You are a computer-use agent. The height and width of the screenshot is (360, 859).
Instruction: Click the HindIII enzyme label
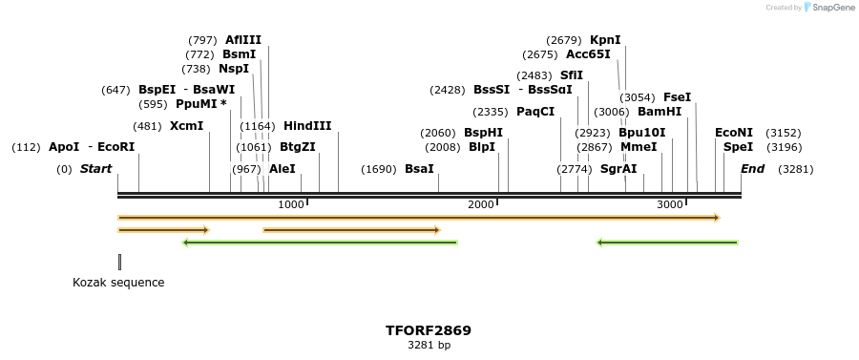[307, 126]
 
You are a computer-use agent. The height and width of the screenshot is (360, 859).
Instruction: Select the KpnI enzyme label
[605, 40]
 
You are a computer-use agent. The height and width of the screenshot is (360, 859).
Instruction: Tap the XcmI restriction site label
[186, 126]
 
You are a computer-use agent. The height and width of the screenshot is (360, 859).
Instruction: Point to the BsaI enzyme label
[419, 169]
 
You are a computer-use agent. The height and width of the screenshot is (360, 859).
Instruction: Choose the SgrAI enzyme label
[618, 169]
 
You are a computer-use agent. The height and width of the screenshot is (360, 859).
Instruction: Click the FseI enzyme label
[677, 97]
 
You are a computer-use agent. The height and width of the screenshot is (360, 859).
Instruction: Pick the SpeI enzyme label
[738, 147]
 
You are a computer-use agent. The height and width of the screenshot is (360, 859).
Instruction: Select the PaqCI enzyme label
[535, 112]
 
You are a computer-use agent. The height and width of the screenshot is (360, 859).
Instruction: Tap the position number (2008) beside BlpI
[441, 147]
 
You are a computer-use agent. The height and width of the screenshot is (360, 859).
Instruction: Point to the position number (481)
[147, 126]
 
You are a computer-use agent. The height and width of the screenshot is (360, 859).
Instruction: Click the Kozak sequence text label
[118, 283]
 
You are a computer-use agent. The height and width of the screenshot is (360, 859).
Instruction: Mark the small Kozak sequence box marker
[119, 262]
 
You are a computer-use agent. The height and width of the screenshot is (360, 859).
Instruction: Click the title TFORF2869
[429, 330]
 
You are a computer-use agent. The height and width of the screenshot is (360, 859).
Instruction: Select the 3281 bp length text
[429, 345]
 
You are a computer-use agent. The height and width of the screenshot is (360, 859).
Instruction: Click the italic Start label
[95, 169]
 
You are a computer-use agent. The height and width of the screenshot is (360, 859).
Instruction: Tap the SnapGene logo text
[829, 8]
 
